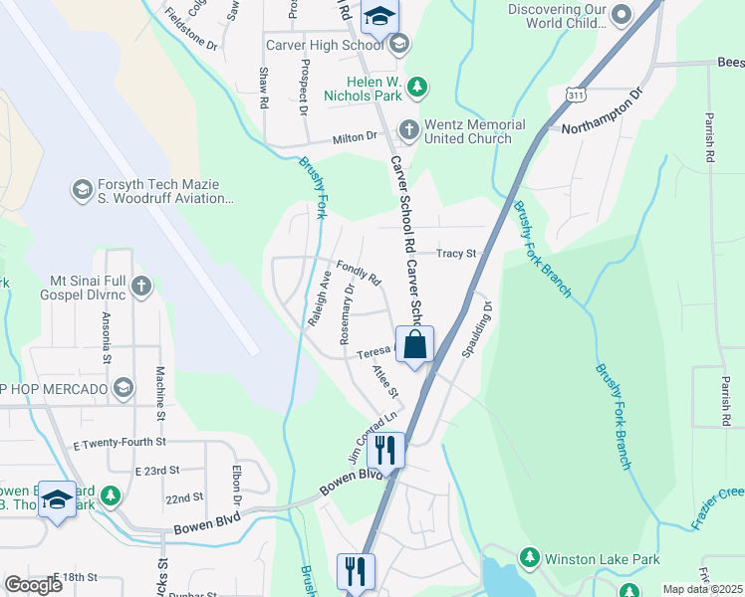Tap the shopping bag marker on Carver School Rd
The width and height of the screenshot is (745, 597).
pyautogui.click(x=414, y=345)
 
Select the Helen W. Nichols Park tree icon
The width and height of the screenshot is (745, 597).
pyautogui.click(x=418, y=87)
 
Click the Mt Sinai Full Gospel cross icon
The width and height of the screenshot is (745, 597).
pyautogui.click(x=141, y=287)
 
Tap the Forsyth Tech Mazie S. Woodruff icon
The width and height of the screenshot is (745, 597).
pyautogui.click(x=82, y=187)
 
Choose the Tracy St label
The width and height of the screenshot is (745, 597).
pyautogui.click(x=459, y=254)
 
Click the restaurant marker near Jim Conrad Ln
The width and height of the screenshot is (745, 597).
pyautogui.click(x=385, y=450)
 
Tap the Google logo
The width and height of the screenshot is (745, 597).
pyautogui.click(x=33, y=585)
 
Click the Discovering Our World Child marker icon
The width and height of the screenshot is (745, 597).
pyautogui.click(x=621, y=14)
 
